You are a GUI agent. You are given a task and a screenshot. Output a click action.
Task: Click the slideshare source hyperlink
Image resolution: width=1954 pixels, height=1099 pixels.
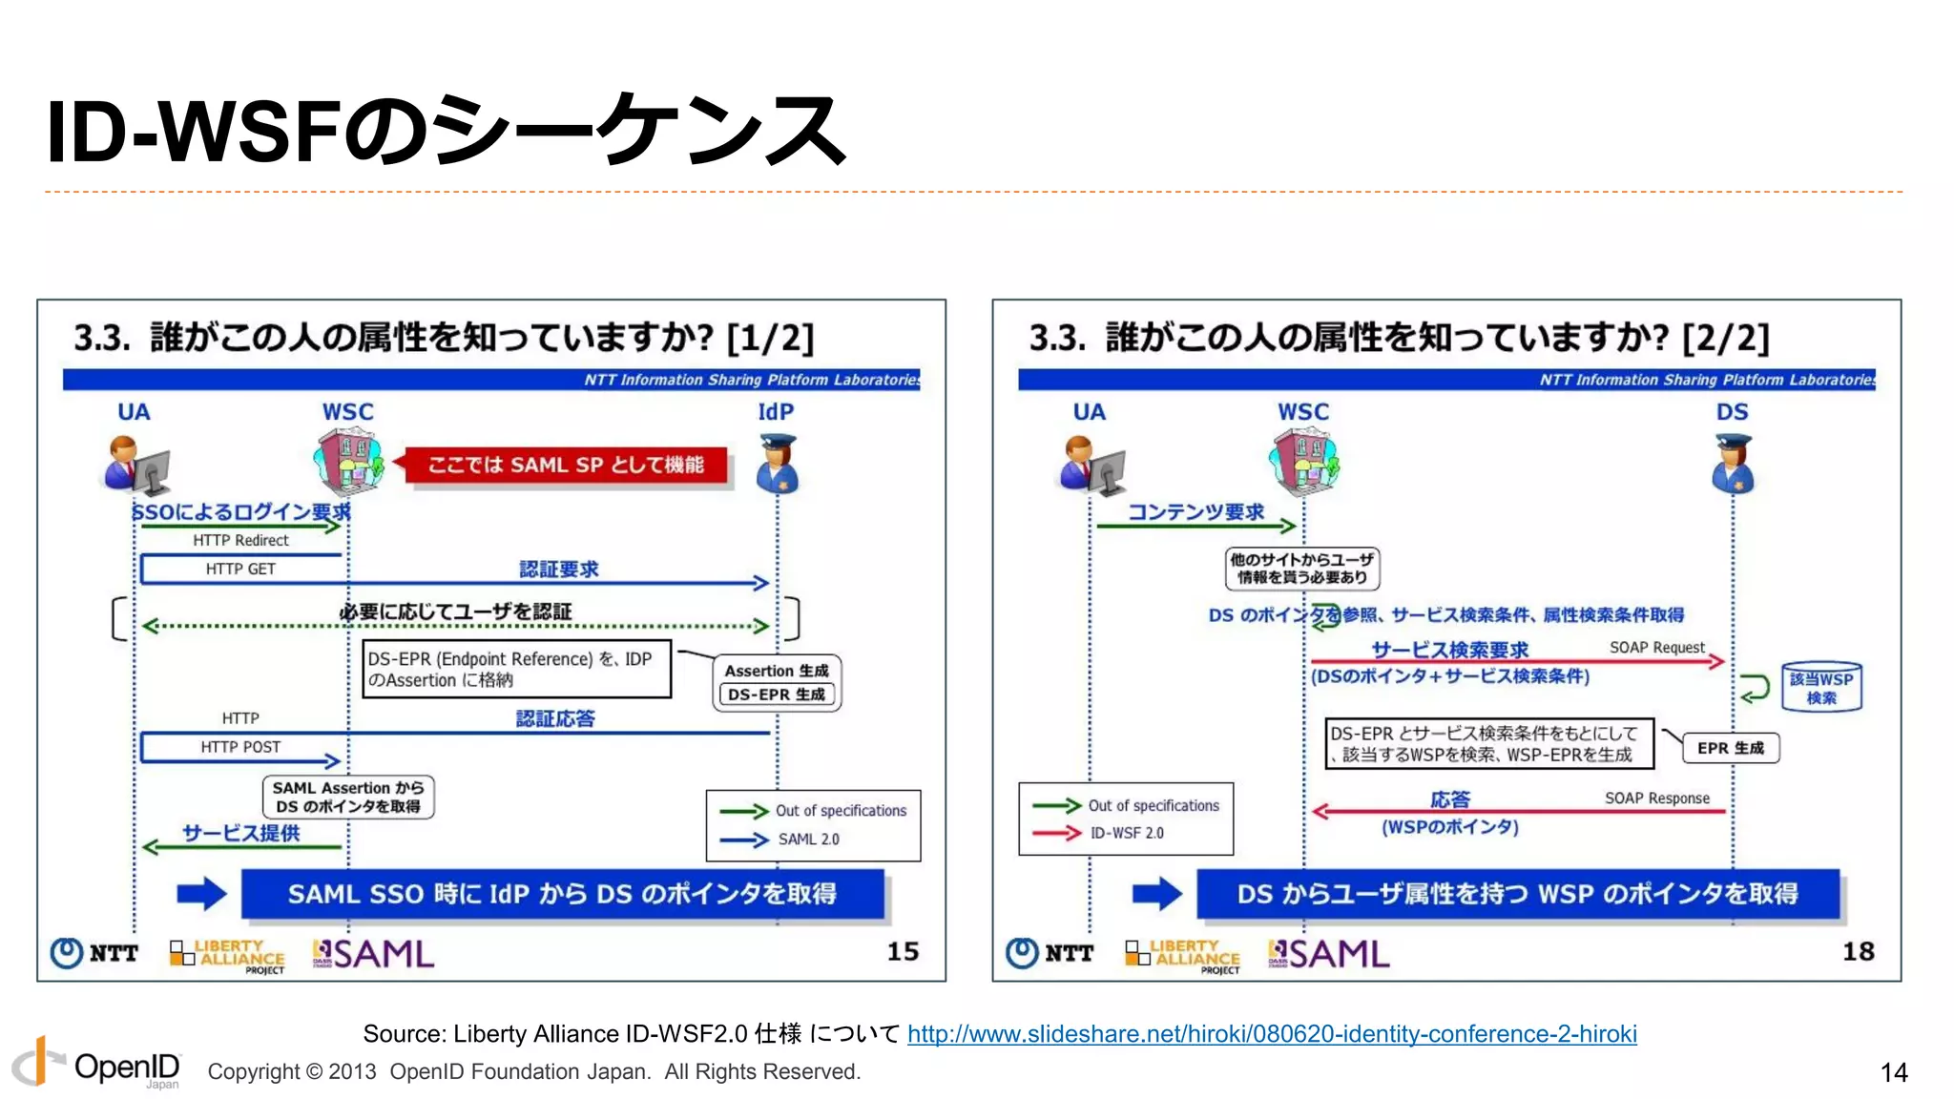1271,1034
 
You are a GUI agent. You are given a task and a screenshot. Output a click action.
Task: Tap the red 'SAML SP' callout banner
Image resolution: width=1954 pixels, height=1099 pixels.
565,466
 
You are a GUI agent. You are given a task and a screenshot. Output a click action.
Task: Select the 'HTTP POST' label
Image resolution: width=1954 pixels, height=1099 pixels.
240,747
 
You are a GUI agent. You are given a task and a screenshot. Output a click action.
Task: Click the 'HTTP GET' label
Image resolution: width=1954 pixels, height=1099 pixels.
240,570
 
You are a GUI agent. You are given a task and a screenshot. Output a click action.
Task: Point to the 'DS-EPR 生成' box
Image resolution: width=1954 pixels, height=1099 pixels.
777,695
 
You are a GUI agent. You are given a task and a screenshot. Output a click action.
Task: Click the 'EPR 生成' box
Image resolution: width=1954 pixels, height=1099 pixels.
1730,748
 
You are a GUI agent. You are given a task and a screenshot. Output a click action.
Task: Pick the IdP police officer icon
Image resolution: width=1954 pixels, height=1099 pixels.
778,465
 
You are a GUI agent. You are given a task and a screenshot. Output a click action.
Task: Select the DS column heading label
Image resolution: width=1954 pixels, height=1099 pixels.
1732,412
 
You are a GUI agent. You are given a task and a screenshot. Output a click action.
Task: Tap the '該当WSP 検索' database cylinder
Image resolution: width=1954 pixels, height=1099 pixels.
1820,687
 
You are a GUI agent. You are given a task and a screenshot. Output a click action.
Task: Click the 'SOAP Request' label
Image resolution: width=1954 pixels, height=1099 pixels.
1656,648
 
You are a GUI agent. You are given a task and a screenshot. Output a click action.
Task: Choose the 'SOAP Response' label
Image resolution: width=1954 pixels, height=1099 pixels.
1656,798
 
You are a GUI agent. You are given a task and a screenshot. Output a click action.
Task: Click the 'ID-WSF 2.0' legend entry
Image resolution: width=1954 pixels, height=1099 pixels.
1126,833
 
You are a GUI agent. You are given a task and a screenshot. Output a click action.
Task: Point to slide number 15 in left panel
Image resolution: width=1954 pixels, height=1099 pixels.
903,951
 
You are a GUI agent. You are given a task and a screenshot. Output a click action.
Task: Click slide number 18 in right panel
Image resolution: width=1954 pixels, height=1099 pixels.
1858,951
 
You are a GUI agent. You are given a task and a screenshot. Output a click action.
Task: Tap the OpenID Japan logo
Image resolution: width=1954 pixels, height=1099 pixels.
95,1064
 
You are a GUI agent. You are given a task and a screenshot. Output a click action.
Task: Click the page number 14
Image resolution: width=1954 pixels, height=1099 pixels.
1893,1072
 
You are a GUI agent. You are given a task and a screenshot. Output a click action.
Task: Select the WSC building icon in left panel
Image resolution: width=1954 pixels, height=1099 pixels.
348,463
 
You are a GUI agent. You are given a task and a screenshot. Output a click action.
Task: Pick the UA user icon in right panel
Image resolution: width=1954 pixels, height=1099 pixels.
1091,466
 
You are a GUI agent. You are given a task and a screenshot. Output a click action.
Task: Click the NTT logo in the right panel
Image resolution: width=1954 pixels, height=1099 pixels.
1050,953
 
